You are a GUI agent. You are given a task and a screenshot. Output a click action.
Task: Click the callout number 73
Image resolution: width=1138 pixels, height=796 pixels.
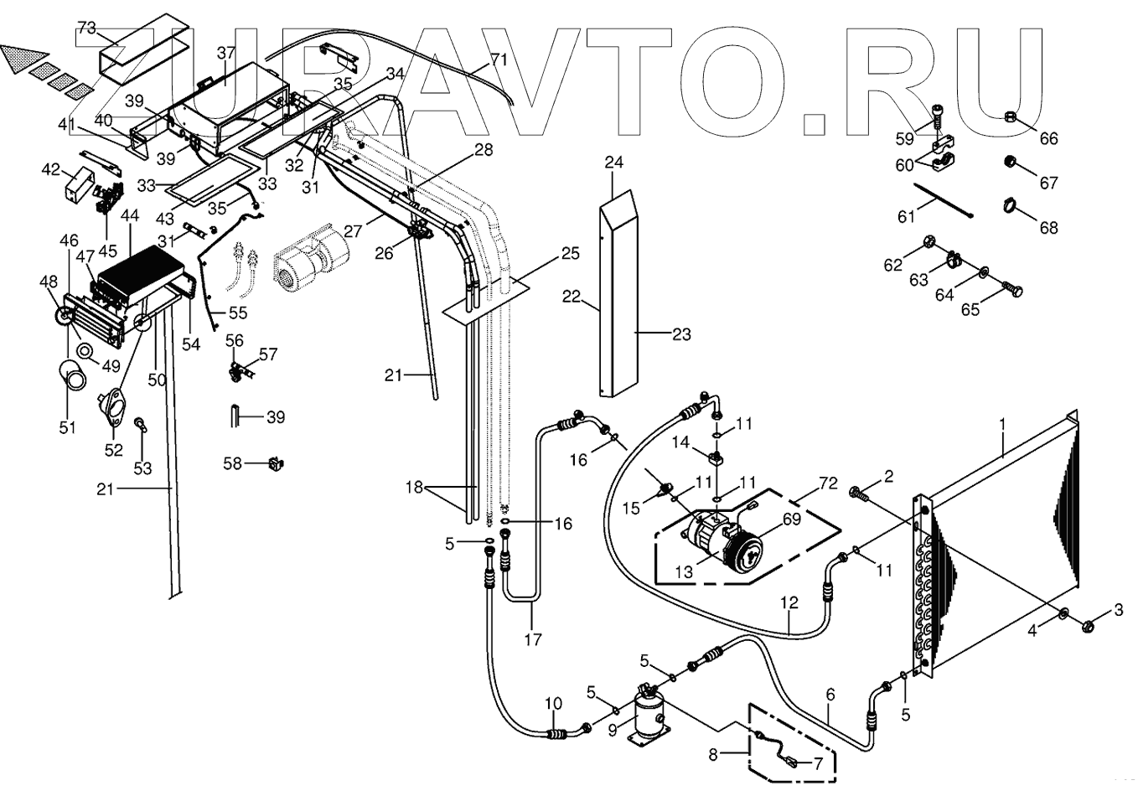tap(86, 28)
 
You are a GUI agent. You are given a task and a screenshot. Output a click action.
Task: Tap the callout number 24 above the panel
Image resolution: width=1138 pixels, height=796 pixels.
tap(615, 163)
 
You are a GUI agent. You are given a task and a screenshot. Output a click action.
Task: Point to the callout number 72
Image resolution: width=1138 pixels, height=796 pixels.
tap(827, 484)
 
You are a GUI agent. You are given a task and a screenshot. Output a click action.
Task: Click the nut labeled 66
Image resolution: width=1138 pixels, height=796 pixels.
tap(1011, 116)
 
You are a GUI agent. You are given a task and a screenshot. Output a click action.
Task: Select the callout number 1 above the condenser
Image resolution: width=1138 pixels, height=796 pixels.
tap(1002, 426)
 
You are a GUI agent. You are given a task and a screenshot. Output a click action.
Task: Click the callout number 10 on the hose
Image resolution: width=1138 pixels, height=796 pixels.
tap(553, 704)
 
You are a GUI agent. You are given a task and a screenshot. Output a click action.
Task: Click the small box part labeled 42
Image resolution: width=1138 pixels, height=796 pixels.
tap(80, 182)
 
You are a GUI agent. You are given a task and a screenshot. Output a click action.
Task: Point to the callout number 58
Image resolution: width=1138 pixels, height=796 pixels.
tap(233, 463)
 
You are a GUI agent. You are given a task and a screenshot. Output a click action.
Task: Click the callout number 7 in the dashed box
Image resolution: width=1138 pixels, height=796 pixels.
tap(817, 763)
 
